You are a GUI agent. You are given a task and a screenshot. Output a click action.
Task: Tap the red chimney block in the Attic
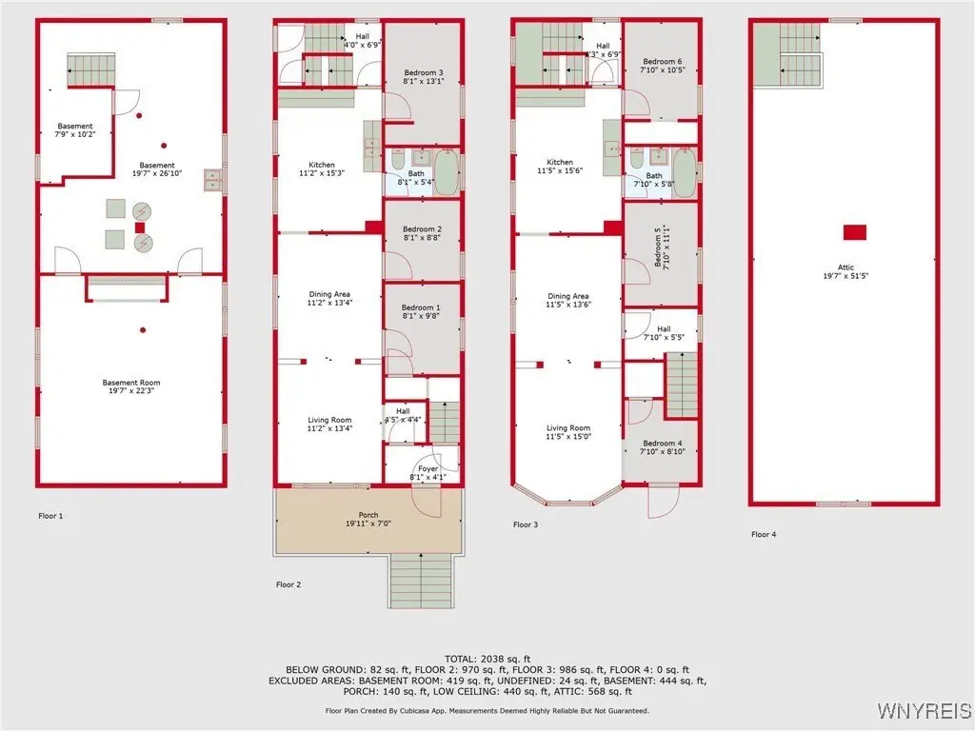click(x=854, y=232)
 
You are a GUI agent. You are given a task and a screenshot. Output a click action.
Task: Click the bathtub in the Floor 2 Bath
click(x=446, y=172)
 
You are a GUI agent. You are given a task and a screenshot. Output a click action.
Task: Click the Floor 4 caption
click(x=764, y=534)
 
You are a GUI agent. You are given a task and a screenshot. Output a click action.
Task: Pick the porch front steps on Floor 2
click(x=422, y=580)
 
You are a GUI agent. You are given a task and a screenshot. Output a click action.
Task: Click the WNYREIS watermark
click(x=924, y=709)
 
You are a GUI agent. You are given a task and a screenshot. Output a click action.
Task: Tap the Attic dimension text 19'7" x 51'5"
click(x=846, y=275)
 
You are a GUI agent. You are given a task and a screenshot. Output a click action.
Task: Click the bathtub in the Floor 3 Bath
click(x=684, y=173)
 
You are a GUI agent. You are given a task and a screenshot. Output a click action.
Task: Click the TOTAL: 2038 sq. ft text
click(x=487, y=659)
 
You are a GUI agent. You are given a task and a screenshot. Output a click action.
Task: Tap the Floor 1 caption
click(x=51, y=515)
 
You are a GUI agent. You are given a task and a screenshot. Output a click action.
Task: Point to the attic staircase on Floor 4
click(x=788, y=54)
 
